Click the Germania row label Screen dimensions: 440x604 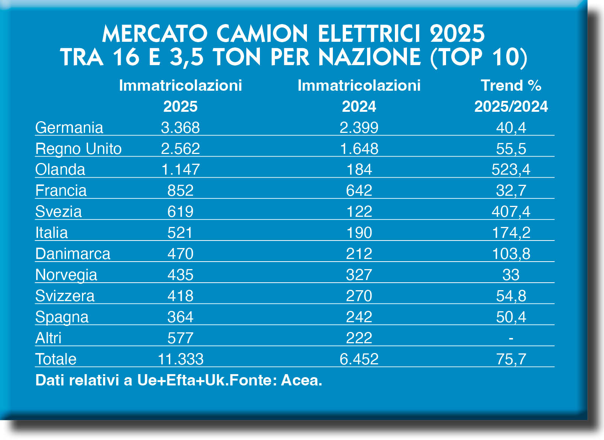pos(69,128)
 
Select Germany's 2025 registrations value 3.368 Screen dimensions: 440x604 pos(180,128)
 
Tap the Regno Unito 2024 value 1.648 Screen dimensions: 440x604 pos(359,149)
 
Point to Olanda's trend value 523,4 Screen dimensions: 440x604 pos(511,170)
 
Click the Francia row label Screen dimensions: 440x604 pos(61,191)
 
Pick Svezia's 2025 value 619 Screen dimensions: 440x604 pos(180,212)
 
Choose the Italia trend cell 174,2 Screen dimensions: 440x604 pos(511,233)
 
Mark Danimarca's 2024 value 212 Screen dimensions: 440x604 pos(359,254)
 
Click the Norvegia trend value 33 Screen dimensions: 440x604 pos(511,275)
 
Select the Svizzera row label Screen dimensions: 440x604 pos(65,296)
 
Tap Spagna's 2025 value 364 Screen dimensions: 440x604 pos(180,317)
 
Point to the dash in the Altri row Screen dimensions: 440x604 pos(511,338)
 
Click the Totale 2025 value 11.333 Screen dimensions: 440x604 pos(180,359)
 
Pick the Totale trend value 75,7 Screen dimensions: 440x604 pos(511,359)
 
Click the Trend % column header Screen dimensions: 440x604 pos(511,86)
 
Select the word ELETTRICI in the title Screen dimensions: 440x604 pos(369,34)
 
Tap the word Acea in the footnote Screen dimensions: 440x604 pos(301,380)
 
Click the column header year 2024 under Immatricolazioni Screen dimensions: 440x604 pos(359,107)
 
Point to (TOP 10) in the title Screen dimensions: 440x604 pos(478,57)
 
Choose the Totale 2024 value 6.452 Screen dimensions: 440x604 pos(359,359)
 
